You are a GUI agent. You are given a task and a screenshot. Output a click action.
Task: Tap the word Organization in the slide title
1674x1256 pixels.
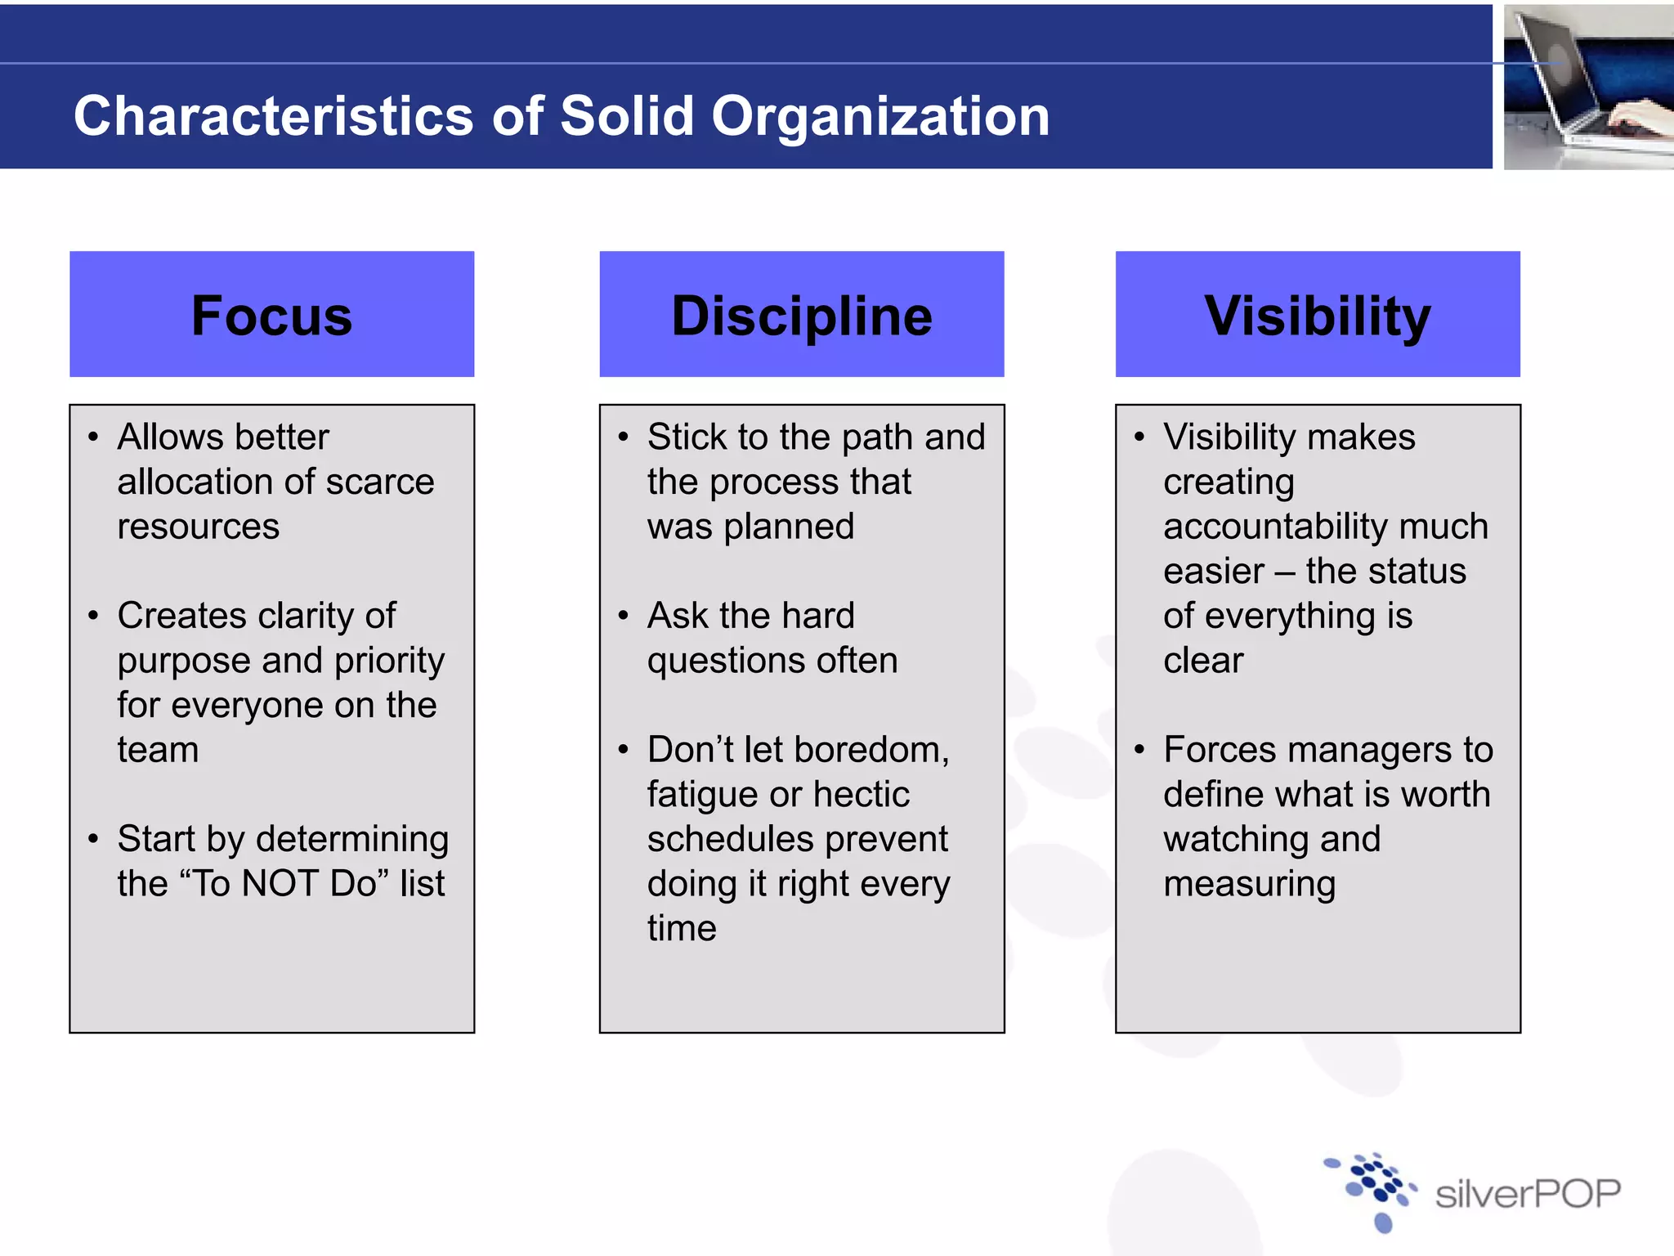click(x=880, y=115)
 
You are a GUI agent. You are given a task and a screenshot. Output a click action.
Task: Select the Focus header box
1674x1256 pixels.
click(x=271, y=314)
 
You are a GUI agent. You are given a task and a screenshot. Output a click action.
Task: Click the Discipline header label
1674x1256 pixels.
click(x=801, y=316)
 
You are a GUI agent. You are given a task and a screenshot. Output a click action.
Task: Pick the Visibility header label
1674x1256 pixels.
click(x=1317, y=316)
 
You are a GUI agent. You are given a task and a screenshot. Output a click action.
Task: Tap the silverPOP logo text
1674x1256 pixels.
click(x=1528, y=1194)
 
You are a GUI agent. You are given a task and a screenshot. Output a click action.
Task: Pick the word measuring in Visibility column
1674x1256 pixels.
click(x=1249, y=885)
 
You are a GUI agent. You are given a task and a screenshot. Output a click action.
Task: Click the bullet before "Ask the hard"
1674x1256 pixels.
click(x=624, y=616)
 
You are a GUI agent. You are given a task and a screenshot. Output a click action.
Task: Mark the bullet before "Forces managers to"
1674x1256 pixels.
click(x=1139, y=750)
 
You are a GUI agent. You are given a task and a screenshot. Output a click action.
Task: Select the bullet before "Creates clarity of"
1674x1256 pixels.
click(x=93, y=616)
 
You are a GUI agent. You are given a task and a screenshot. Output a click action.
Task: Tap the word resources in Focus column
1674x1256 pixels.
click(x=198, y=527)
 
